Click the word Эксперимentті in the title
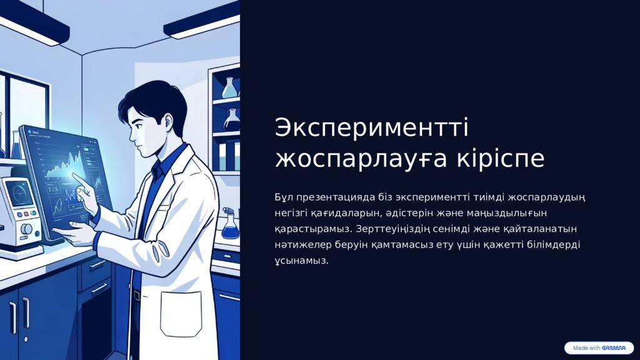371,127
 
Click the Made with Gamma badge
599,348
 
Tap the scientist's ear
166,121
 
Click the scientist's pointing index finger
78,179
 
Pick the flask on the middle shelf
232,119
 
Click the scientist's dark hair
153,100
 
